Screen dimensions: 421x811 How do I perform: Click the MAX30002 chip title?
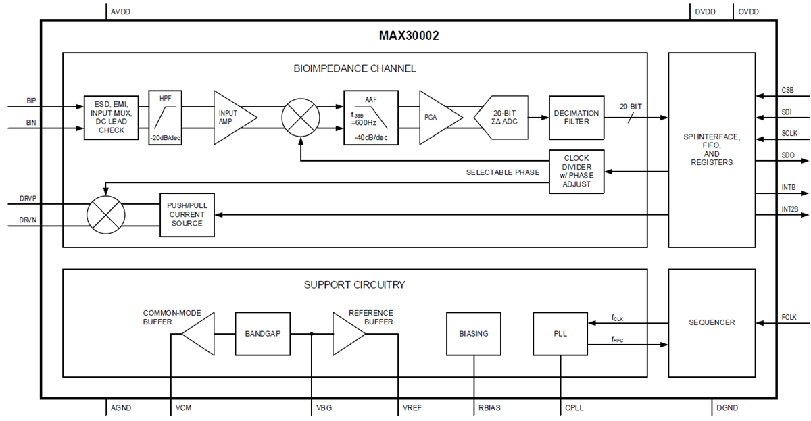click(x=408, y=36)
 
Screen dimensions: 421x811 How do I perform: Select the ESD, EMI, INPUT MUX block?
click(x=112, y=117)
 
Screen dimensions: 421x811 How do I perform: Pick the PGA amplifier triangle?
click(x=436, y=118)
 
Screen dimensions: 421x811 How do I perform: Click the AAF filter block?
click(x=370, y=118)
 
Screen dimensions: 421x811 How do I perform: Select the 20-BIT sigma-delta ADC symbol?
click(x=501, y=118)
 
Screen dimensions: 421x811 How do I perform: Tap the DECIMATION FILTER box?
click(x=576, y=118)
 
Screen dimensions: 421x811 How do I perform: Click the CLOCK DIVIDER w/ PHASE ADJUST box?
click(x=576, y=172)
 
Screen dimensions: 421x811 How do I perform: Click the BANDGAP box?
click(x=262, y=333)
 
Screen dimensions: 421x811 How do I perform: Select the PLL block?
click(x=560, y=333)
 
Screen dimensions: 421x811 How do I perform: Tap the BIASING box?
click(x=473, y=333)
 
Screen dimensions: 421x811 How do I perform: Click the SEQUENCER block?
click(x=712, y=323)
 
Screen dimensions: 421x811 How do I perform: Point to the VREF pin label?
click(x=412, y=408)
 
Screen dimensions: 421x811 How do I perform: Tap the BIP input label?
click(x=31, y=100)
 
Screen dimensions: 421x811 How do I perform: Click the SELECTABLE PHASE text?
click(x=503, y=172)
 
